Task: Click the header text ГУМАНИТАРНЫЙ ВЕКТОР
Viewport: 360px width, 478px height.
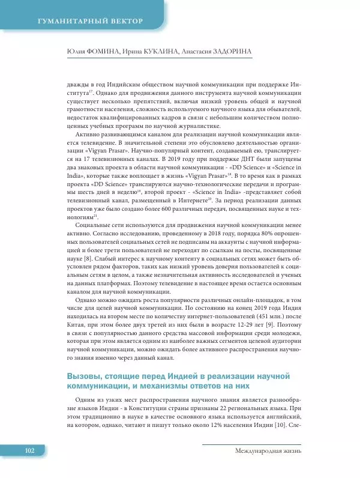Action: [x=91, y=22]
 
